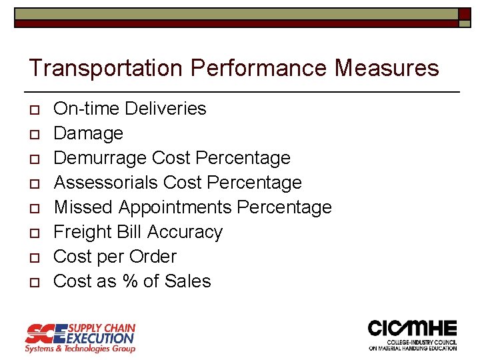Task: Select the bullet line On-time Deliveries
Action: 130,108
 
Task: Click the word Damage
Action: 88,133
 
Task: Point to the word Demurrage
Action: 100,158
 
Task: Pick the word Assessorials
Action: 105,183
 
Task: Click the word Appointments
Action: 175,207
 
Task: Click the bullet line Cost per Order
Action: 115,257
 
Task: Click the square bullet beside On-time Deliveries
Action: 33,109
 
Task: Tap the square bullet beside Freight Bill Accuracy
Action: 33,233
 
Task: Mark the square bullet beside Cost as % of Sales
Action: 33,283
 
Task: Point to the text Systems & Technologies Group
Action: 80,349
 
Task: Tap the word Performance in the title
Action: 258,68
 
